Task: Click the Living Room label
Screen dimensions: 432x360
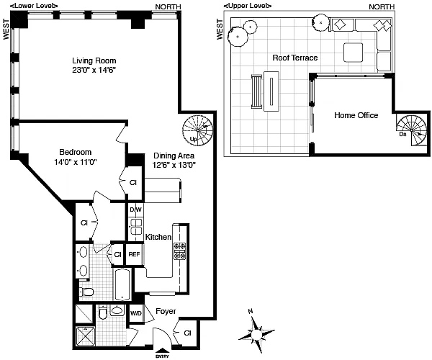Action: coord(94,60)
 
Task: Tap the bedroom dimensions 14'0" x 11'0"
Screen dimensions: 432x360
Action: coord(75,162)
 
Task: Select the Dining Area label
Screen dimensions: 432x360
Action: coord(174,156)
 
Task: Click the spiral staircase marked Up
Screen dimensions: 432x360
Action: coord(197,130)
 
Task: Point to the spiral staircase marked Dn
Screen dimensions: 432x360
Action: coord(411,130)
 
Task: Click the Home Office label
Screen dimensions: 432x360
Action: coord(356,115)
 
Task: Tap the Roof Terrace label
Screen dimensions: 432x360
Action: coord(294,58)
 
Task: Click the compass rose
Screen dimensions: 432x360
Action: coord(256,334)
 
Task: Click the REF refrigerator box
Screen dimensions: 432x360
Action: coord(135,254)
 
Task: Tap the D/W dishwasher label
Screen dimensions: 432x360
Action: coord(135,210)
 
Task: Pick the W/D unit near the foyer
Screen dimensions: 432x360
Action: coord(135,313)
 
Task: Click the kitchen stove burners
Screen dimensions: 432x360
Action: coord(179,251)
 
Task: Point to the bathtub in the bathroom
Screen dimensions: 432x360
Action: coord(122,284)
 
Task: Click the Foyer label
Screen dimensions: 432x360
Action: coord(166,311)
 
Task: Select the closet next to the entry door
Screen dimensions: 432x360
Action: coord(187,333)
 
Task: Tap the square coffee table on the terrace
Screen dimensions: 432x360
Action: coord(353,53)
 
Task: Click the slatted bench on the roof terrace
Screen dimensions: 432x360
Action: coord(256,91)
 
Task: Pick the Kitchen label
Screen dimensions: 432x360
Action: coord(158,237)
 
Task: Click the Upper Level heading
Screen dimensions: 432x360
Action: coord(248,6)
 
